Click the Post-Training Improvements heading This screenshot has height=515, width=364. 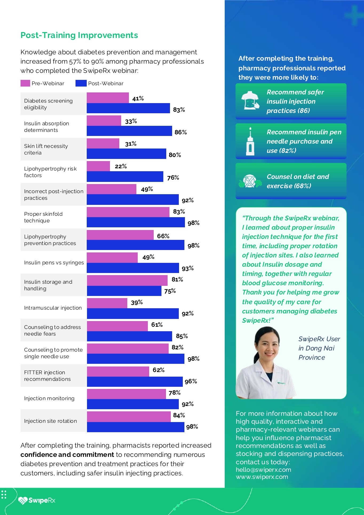pos(79,35)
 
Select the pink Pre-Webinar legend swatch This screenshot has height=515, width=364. pos(25,83)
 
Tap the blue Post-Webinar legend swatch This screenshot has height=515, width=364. pos(81,83)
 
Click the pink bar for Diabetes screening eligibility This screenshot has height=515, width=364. pos(108,98)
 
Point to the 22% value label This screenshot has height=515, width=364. pos(121,166)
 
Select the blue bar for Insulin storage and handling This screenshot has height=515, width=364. pos(124,291)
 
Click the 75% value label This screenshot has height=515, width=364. pos(170,291)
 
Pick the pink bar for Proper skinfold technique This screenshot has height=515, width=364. pos(128,212)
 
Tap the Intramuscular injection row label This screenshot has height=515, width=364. pos(53,308)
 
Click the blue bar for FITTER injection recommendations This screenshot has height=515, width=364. pos(135,382)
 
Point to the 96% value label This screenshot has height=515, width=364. pos(191,381)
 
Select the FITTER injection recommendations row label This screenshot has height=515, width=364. pos(48,376)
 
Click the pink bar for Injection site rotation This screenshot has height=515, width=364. pos(129,417)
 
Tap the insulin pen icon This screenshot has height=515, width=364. pos(250,141)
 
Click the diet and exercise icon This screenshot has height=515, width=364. pos(250,181)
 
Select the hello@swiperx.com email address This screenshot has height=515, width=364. pos(263,470)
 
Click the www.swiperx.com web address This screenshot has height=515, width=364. pos(262,477)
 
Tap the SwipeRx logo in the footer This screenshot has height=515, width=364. pos(37,500)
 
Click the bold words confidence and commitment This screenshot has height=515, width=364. pos(67,455)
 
